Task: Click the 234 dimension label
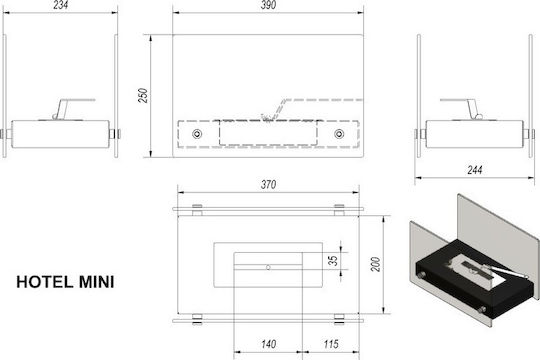(61, 5)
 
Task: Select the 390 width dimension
(268, 5)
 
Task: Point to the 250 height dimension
(143, 95)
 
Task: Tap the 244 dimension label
(475, 170)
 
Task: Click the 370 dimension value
(268, 185)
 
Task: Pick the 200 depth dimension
(376, 264)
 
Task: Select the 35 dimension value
(333, 260)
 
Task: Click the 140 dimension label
(268, 344)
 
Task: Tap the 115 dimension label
(331, 344)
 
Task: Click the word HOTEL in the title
(45, 282)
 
